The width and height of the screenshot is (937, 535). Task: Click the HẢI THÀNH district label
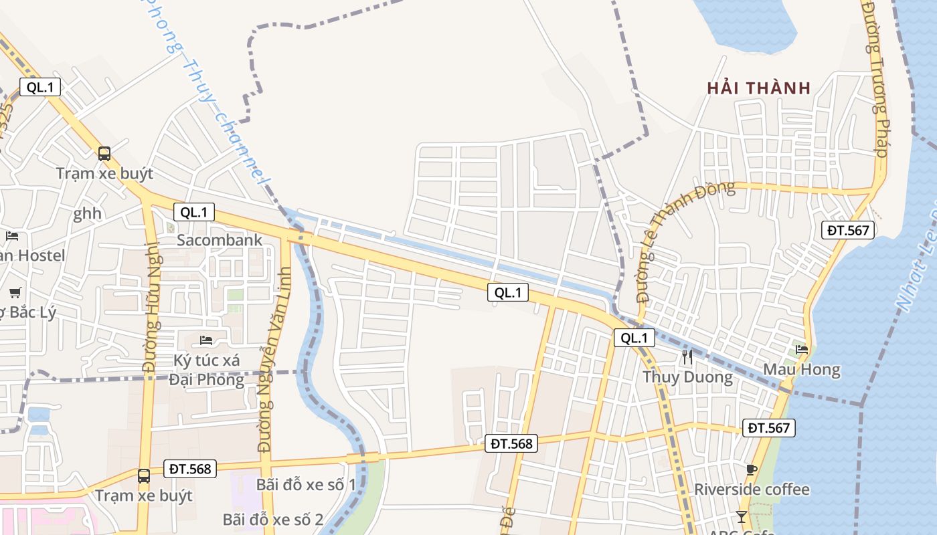[759, 88]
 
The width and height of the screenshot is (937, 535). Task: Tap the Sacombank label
[220, 240]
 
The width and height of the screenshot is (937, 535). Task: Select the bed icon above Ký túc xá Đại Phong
[206, 340]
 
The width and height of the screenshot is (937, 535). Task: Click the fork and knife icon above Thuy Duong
[687, 357]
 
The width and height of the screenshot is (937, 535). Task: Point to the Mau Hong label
[802, 370]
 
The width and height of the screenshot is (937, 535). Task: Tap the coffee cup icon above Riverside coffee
[752, 469]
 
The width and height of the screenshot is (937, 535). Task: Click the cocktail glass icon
[741, 516]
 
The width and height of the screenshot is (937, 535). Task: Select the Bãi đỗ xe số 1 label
[306, 485]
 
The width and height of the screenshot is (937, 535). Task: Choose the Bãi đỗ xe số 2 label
[273, 520]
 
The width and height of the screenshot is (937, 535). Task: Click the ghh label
[88, 213]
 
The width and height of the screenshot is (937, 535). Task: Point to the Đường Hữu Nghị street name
[149, 321]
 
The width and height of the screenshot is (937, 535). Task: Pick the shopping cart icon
[15, 292]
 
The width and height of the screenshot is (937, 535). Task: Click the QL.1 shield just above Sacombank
[194, 213]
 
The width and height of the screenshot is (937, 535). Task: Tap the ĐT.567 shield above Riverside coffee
[768, 428]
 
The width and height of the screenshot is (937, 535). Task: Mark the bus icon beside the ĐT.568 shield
[144, 475]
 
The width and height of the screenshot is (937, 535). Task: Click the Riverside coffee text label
[752, 490]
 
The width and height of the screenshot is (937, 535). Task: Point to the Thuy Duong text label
[687, 377]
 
